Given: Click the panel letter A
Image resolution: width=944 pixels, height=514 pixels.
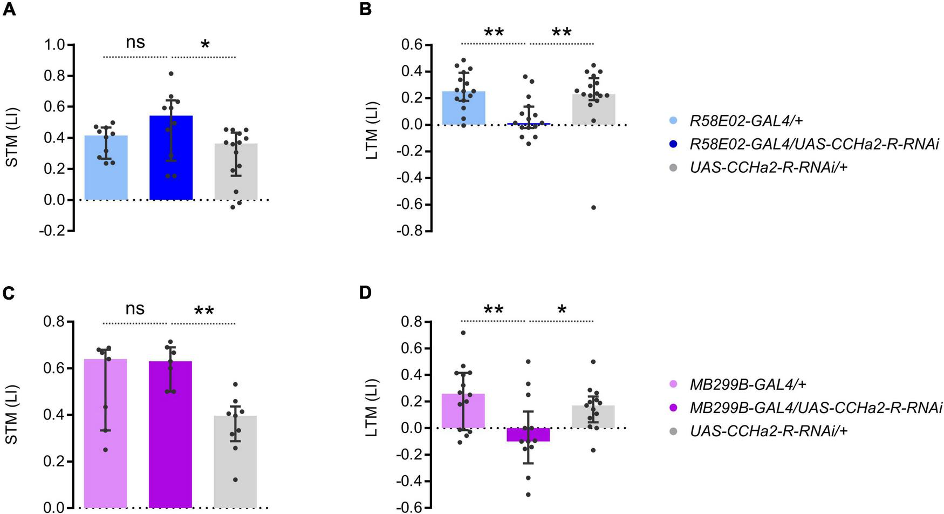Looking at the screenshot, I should (x=9, y=9).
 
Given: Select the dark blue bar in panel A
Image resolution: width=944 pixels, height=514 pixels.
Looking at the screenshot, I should (x=171, y=162).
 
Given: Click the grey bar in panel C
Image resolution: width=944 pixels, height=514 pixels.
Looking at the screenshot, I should (x=235, y=464).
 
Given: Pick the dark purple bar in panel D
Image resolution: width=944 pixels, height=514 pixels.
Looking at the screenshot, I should (x=529, y=435).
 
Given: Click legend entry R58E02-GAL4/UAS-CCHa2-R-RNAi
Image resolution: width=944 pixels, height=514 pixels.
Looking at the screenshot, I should (x=814, y=144).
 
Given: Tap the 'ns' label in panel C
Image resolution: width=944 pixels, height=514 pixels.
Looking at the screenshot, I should (x=135, y=309).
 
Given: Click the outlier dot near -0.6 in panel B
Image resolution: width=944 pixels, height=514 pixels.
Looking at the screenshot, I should (x=593, y=207).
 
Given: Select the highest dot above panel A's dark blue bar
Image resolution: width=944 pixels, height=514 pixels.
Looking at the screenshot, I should (x=171, y=73).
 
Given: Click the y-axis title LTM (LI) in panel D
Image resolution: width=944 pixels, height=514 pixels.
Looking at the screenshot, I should (x=372, y=413).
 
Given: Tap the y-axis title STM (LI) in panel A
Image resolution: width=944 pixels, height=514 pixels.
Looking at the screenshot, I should (x=12, y=137).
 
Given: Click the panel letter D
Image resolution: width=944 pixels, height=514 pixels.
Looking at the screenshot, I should (x=365, y=293).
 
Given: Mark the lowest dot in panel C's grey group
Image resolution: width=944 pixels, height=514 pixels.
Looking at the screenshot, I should (x=235, y=479).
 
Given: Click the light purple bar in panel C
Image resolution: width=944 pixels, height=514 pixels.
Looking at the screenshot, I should (x=106, y=432).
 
